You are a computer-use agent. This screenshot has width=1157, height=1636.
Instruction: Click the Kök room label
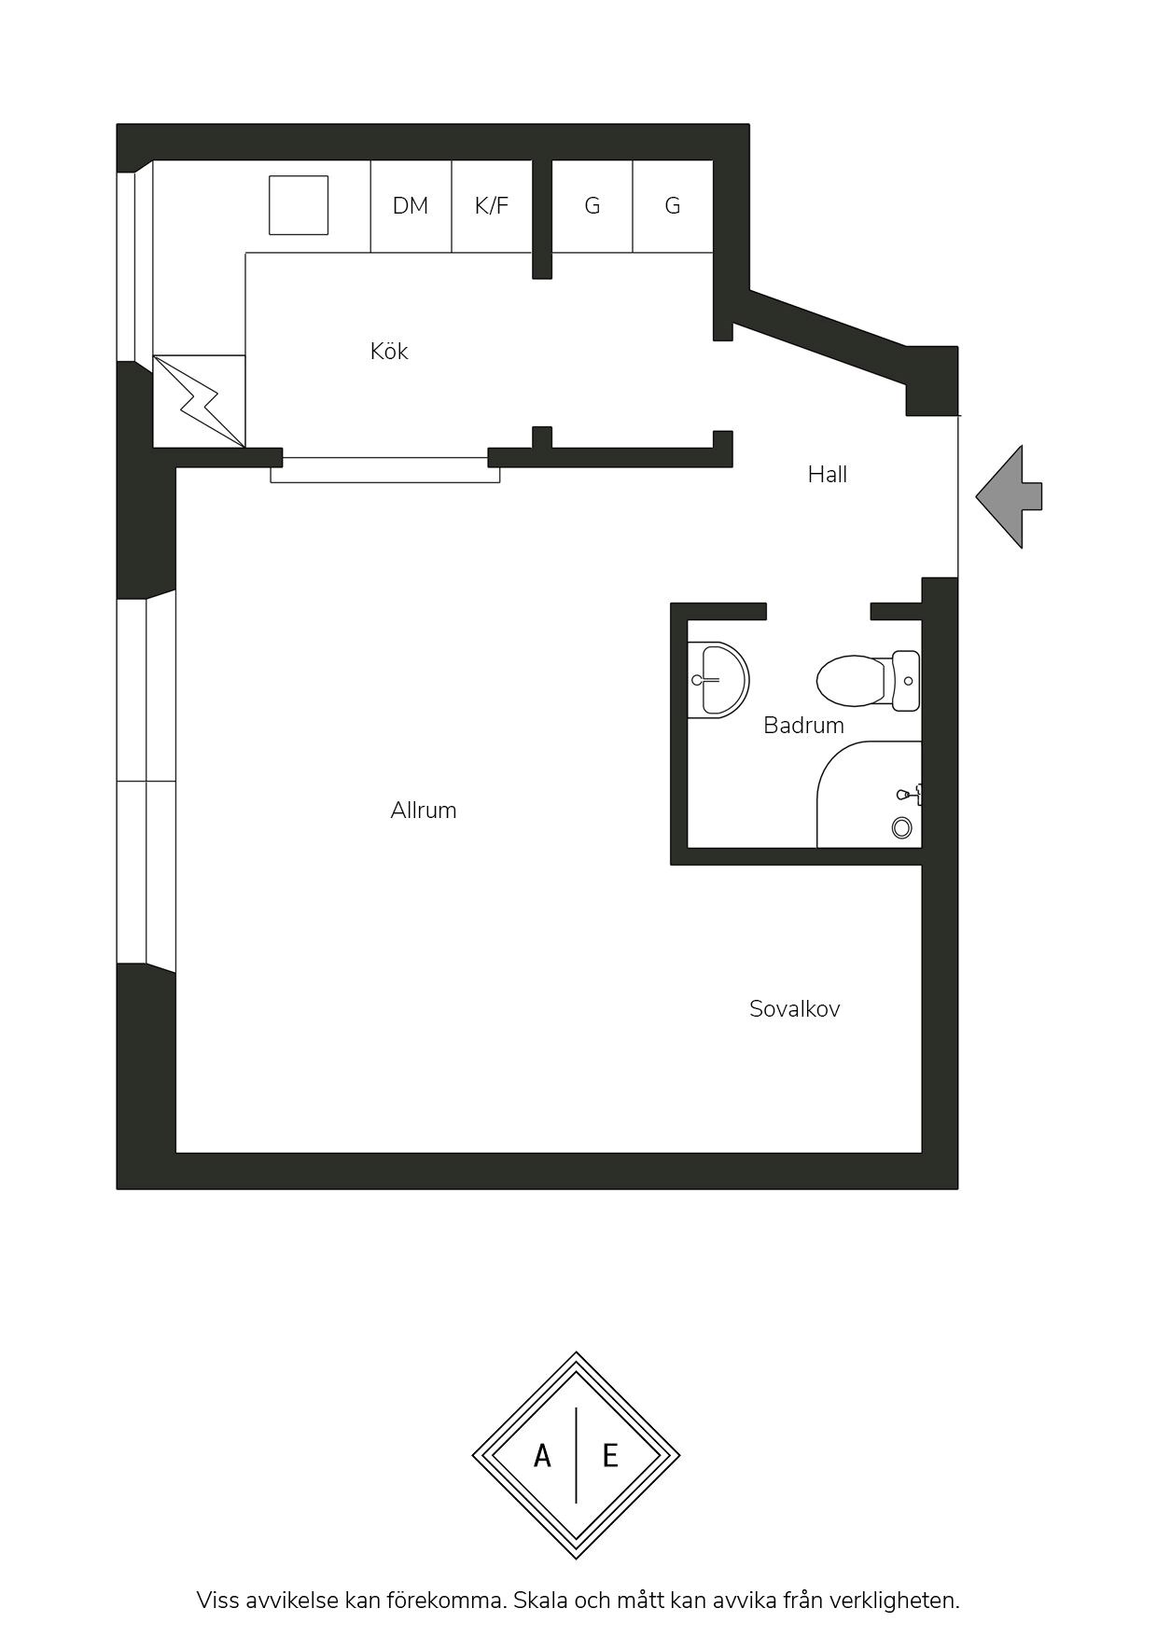pyautogui.click(x=389, y=352)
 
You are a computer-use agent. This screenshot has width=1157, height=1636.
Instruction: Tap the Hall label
pyautogui.click(x=828, y=475)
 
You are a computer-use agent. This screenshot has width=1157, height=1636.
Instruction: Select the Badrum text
pyautogui.click(x=803, y=726)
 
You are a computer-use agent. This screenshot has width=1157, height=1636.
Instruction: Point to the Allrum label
pyautogui.click(x=424, y=811)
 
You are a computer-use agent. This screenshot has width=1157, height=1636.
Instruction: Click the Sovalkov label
pyautogui.click(x=795, y=1009)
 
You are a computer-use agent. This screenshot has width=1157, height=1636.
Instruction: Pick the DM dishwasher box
pyautogui.click(x=411, y=206)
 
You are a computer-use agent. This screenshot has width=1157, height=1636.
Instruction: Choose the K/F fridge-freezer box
pyautogui.click(x=493, y=206)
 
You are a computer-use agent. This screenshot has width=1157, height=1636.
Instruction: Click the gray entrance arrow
pyautogui.click(x=1009, y=496)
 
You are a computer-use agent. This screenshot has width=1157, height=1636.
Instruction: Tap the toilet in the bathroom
pyautogui.click(x=868, y=681)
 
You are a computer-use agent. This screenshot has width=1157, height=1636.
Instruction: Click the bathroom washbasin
pyautogui.click(x=718, y=679)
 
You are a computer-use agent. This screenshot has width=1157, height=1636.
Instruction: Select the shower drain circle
pyautogui.click(x=901, y=827)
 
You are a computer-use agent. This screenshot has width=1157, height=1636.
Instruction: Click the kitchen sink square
pyautogui.click(x=299, y=205)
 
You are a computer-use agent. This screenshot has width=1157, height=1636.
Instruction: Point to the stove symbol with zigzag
pyautogui.click(x=200, y=401)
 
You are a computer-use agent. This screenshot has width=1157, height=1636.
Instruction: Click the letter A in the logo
pyautogui.click(x=542, y=1455)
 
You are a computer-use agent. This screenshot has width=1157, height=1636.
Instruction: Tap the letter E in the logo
pyautogui.click(x=610, y=1455)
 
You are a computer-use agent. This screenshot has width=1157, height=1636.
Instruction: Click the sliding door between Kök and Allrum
pyautogui.click(x=385, y=470)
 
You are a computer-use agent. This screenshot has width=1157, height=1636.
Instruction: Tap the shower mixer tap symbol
pyautogui.click(x=910, y=795)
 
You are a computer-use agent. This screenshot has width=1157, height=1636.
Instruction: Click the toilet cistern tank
pyautogui.click(x=906, y=681)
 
